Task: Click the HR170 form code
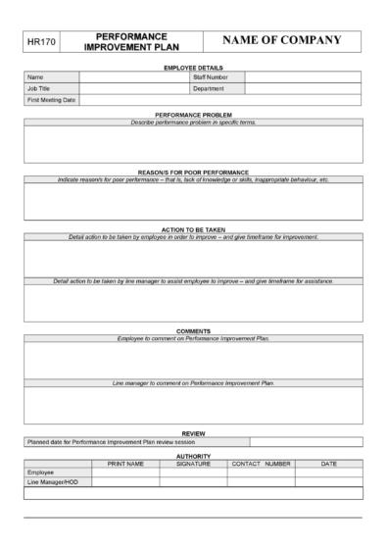tap(42, 41)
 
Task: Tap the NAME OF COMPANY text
tap(282, 40)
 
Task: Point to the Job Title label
tap(39, 88)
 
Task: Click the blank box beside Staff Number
tap(303, 76)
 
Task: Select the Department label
tap(209, 88)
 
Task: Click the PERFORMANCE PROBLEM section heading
tap(192, 115)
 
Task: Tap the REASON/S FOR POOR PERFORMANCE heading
tap(192, 173)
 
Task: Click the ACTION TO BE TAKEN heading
tap(192, 229)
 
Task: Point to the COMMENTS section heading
tap(192, 330)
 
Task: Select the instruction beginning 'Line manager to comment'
tap(192, 382)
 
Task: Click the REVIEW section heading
tap(192, 432)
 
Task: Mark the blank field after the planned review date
tap(306, 441)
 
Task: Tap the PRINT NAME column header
tap(125, 463)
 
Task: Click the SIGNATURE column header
tap(193, 463)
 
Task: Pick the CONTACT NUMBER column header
tap(261, 463)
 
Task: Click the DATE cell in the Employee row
tap(328, 473)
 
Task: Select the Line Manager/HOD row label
tap(50, 482)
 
